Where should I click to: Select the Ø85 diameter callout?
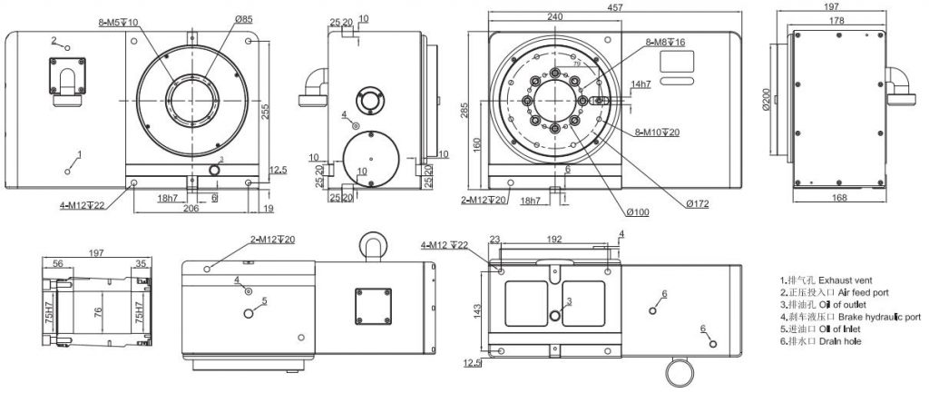point(244,18)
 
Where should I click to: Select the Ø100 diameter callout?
point(638,212)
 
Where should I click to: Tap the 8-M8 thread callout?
point(666,42)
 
